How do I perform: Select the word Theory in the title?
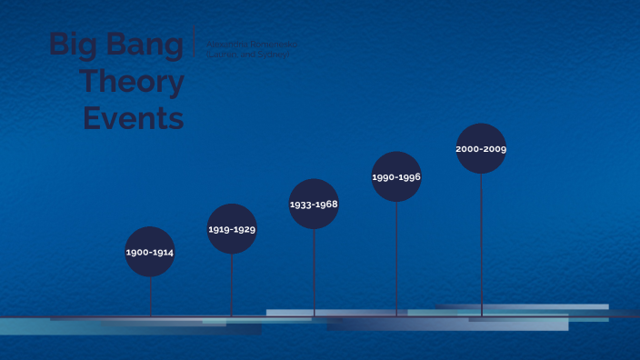(x=131, y=82)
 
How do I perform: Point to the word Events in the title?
(x=134, y=117)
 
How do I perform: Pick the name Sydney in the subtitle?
(x=273, y=55)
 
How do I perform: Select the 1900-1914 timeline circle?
(x=150, y=251)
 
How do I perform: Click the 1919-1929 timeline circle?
(x=232, y=229)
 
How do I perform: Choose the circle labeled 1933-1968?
(x=314, y=204)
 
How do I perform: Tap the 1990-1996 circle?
(x=396, y=176)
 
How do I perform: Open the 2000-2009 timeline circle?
(x=481, y=148)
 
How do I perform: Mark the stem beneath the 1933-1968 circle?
(x=314, y=272)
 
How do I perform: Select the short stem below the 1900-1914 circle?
(x=150, y=295)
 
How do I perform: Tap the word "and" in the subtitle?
(x=246, y=55)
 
